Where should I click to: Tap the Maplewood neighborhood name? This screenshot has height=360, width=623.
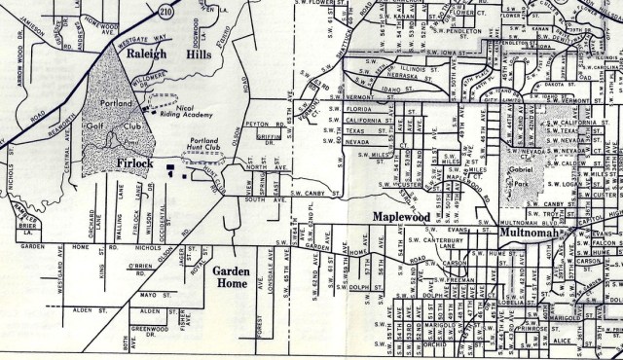tap(399, 216)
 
